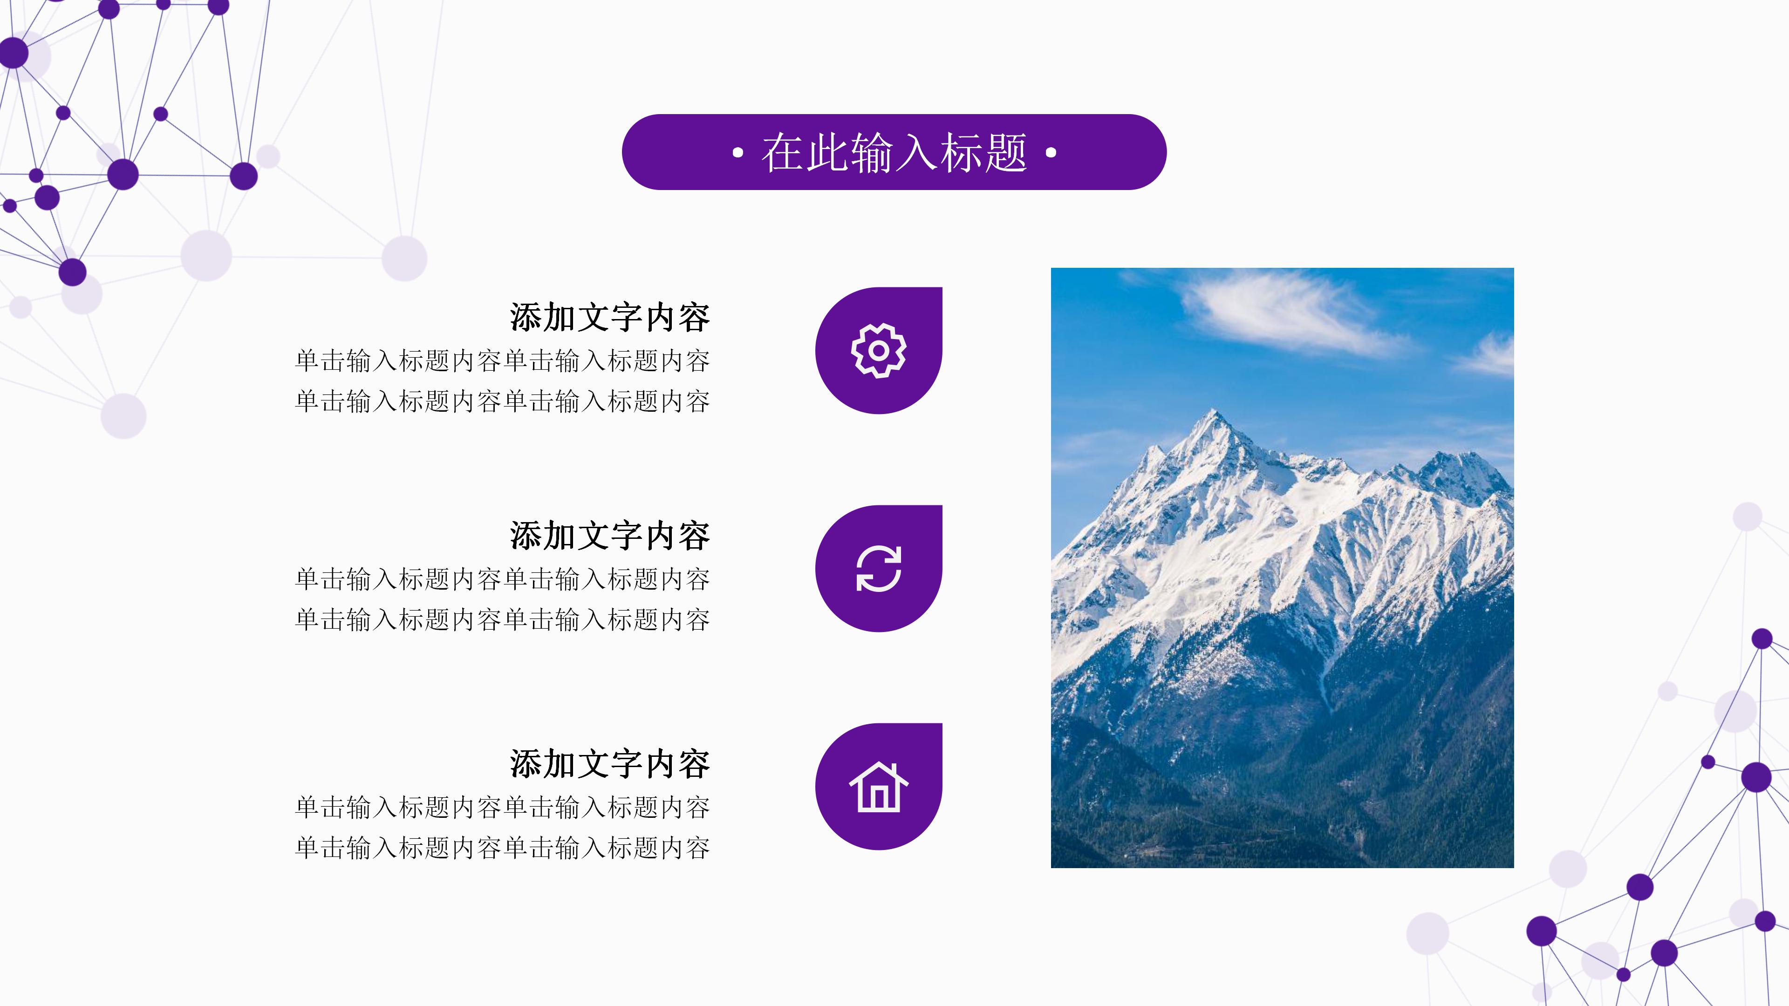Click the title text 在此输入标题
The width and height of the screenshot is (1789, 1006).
tap(894, 153)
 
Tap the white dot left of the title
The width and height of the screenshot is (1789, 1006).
tap(737, 153)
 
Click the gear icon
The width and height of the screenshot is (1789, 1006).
tap(879, 351)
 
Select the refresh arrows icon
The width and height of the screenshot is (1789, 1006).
tap(879, 569)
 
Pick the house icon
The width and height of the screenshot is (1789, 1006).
tap(879, 787)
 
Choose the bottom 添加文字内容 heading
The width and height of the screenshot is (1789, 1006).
tap(609, 764)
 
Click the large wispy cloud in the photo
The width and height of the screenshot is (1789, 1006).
tap(1285, 313)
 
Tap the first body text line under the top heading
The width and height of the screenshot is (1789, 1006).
tap(502, 361)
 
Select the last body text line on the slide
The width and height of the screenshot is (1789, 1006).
tap(502, 848)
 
